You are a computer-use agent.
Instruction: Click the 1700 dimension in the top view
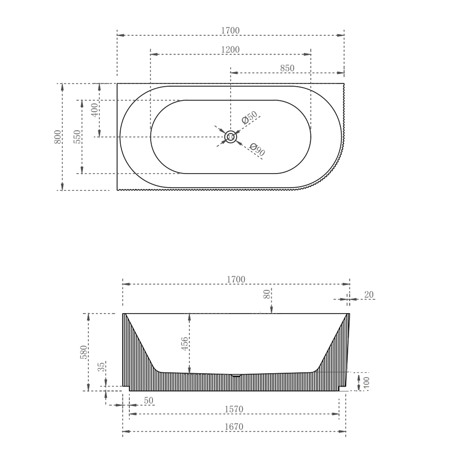(x=230, y=31)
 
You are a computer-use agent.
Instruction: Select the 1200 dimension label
(x=230, y=50)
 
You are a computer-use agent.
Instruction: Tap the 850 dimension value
(x=287, y=68)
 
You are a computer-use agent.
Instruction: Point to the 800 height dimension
(x=58, y=137)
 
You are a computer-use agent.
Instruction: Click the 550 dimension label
(x=77, y=137)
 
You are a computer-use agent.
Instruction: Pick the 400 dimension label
(x=95, y=110)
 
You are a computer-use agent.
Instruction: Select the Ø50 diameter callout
(x=250, y=117)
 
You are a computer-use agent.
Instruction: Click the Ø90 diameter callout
(x=257, y=150)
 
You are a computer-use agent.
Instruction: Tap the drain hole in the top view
(x=231, y=137)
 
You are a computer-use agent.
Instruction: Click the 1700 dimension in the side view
(x=236, y=280)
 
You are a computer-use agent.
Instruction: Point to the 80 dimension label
(x=267, y=294)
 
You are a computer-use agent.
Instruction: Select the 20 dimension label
(x=369, y=295)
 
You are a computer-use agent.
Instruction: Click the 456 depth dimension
(x=184, y=344)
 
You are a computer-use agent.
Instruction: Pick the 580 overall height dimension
(x=84, y=352)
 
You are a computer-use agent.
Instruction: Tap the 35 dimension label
(x=101, y=367)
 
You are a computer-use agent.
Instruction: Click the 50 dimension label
(x=149, y=400)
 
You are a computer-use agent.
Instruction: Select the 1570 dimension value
(x=234, y=409)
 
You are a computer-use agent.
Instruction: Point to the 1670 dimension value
(x=234, y=427)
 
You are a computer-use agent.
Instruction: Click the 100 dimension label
(x=366, y=382)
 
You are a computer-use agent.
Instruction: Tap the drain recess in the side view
(x=236, y=375)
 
